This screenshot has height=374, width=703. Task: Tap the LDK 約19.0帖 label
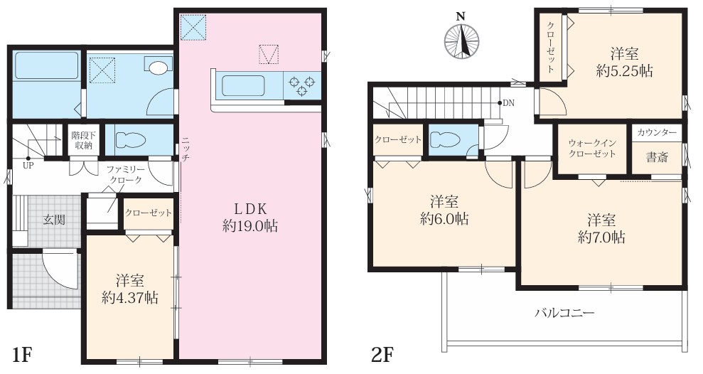point(250,218)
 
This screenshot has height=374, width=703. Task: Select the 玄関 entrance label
point(54,219)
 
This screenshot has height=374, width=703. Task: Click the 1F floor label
point(21,356)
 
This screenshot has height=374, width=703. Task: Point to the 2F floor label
point(382,356)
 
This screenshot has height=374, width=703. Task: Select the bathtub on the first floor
point(47,66)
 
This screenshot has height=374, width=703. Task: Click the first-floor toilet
point(131,139)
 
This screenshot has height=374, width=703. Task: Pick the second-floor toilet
point(445,140)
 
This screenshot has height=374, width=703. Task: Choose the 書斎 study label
point(657,157)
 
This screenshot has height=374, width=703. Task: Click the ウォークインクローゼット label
point(592,149)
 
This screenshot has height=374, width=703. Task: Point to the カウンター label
point(657,132)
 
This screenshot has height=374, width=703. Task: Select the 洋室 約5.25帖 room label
point(624,62)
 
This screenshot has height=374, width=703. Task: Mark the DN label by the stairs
point(508,103)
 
